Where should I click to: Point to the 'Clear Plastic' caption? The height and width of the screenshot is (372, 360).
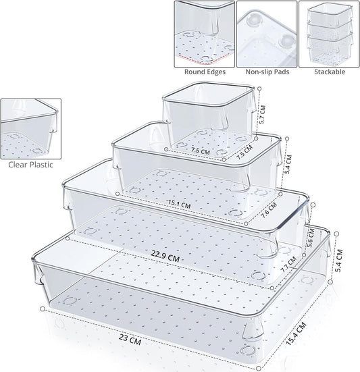point(32,163)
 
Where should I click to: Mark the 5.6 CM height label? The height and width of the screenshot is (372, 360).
point(309,236)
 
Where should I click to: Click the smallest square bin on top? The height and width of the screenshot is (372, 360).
point(205,115)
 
